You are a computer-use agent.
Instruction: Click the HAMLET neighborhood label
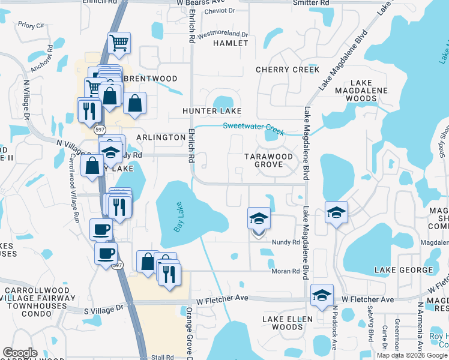tap(231, 43)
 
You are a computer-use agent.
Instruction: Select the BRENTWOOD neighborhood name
tap(150, 79)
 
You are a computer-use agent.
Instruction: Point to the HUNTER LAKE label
tap(212, 111)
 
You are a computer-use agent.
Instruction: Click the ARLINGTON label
tap(161, 137)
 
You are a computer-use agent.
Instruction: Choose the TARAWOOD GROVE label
tap(268, 160)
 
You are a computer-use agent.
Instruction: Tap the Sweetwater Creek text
tap(253, 128)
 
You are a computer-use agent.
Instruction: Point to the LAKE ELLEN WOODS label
tap(283, 322)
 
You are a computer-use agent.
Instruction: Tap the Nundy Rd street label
tap(286, 242)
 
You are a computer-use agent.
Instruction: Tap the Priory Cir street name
tap(31, 25)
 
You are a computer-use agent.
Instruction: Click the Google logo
tap(20, 353)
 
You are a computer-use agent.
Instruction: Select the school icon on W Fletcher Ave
tap(322, 295)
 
